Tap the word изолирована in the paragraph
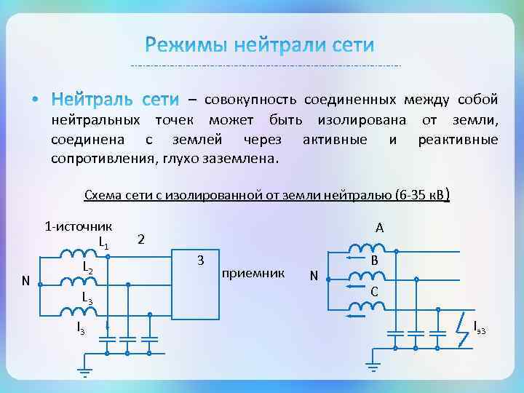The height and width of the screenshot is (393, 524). pos(361,119)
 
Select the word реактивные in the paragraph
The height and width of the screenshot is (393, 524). pos(458,139)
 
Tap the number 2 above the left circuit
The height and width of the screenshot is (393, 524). pos(141,239)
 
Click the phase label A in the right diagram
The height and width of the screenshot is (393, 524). pos(379,228)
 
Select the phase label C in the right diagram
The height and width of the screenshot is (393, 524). pos(373,292)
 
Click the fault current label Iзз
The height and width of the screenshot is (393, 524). pos(480,327)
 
